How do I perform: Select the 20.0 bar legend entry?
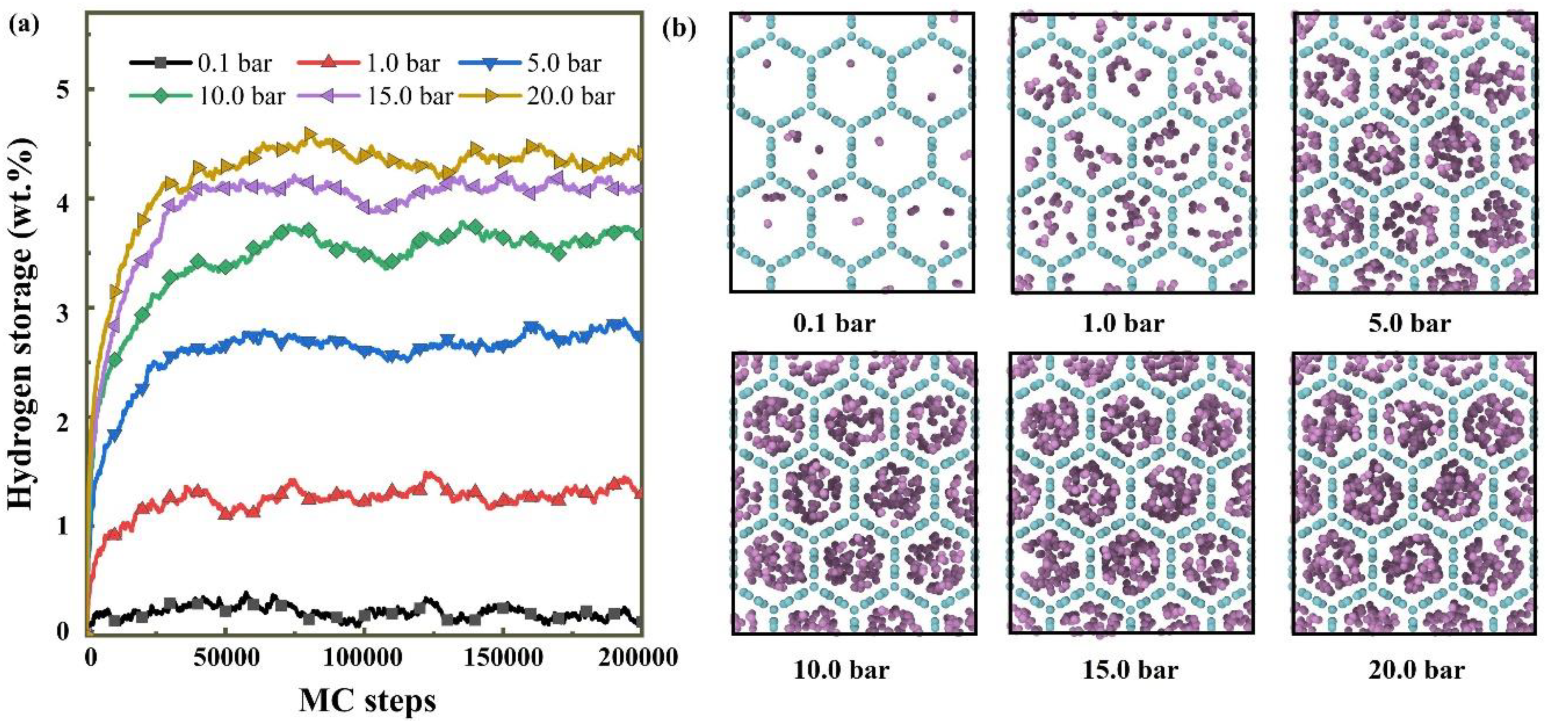point(570,96)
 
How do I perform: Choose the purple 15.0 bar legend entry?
point(408,96)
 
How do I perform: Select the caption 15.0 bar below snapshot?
point(1130,669)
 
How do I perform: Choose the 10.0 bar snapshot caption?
point(841,669)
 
